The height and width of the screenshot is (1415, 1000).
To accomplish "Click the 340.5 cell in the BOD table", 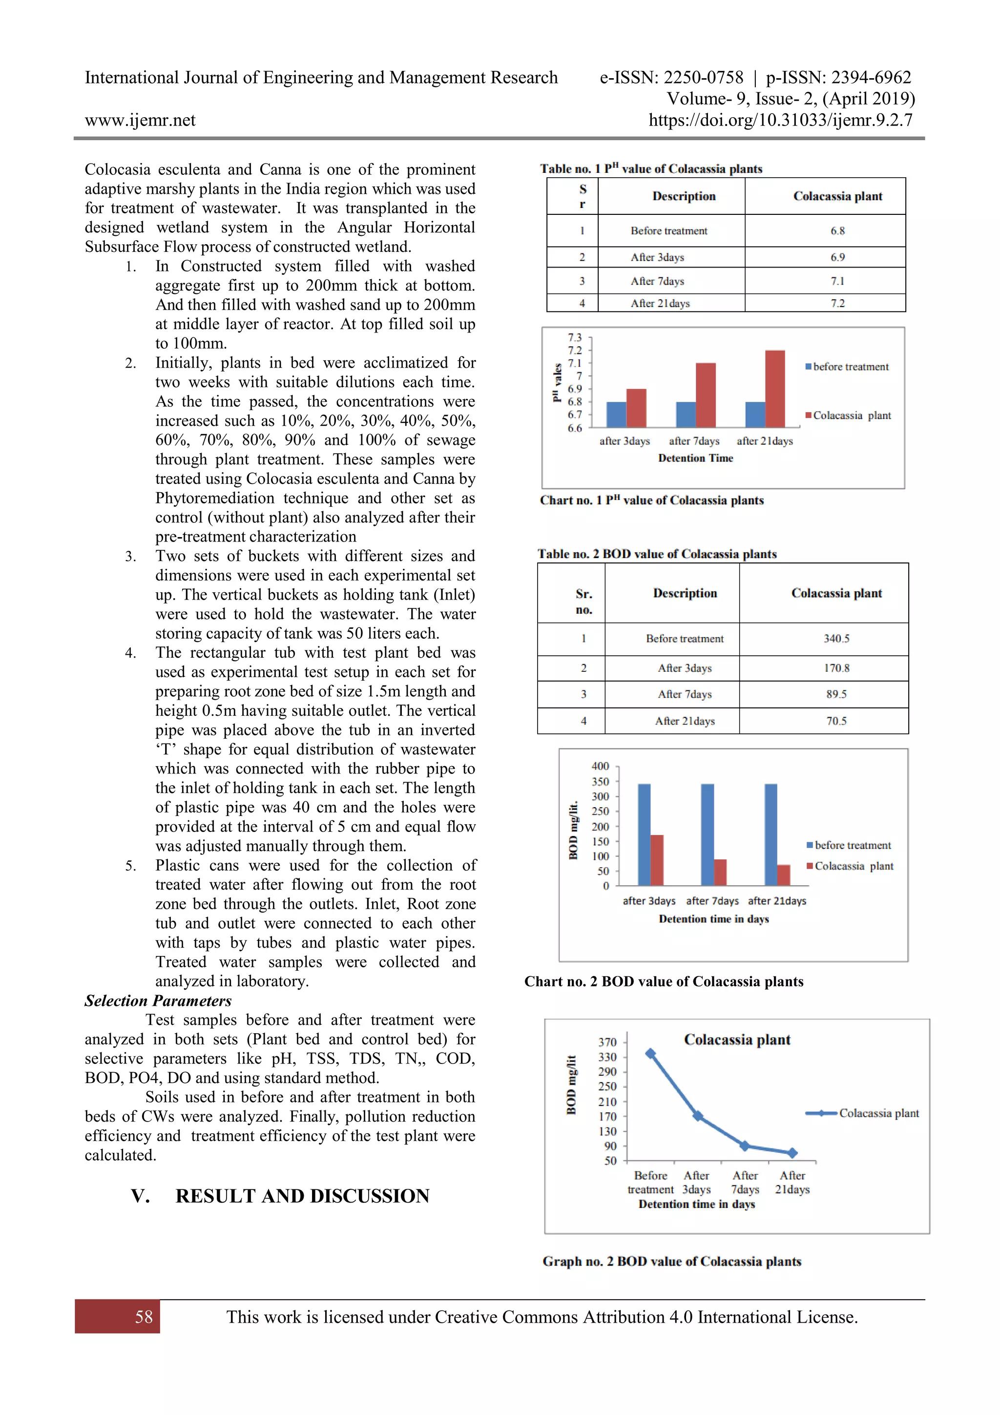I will tap(836, 639).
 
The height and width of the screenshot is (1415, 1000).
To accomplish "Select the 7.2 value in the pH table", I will tap(837, 303).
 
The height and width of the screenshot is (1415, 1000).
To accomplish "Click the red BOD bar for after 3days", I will tap(657, 860).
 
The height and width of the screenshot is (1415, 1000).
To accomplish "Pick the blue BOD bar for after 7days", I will tap(708, 834).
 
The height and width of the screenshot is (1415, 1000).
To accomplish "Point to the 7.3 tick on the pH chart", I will tap(575, 338).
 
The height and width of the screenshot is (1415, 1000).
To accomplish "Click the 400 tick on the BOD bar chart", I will tap(600, 766).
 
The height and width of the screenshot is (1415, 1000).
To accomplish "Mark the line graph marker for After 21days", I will tap(792, 1152).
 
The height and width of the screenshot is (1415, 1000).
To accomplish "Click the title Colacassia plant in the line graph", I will tap(737, 1040).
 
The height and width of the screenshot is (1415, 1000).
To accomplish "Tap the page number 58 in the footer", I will tap(144, 1317).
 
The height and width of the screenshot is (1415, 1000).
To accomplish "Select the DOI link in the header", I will tap(780, 120).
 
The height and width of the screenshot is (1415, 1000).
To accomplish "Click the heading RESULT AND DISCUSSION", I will tap(302, 1196).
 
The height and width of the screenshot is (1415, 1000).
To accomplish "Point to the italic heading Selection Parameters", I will tap(158, 1000).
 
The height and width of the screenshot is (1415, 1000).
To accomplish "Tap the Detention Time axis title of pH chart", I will tap(695, 458).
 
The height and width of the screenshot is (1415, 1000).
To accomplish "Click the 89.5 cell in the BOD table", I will tap(836, 694).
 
